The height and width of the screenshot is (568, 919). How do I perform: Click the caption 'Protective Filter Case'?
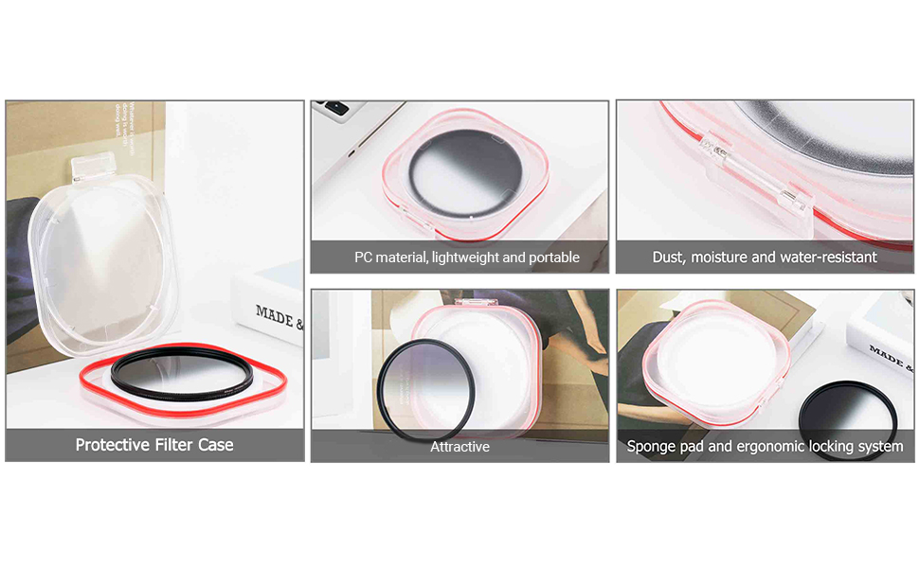pos(154,445)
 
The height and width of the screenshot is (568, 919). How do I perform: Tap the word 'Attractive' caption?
pos(459,447)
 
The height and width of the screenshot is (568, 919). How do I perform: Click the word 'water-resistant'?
pos(829,257)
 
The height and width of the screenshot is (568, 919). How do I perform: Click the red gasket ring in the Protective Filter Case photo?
pos(180,398)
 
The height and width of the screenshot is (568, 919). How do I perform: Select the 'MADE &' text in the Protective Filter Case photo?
pos(279,317)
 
